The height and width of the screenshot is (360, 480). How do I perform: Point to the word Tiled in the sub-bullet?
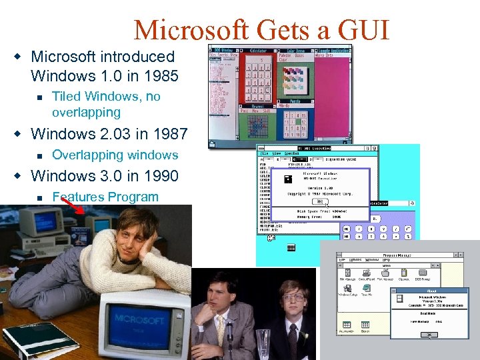[x=69, y=97]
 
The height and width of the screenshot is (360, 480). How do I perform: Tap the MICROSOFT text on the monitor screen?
[x=138, y=317]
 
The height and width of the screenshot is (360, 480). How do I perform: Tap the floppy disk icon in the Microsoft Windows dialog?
[x=289, y=179]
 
